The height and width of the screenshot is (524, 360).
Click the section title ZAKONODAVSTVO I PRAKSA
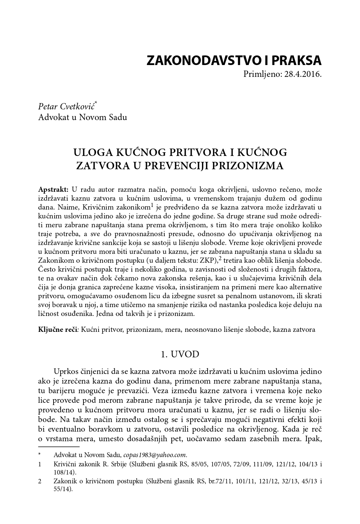tap(234, 60)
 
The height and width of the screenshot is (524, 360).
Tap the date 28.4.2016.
tap(304, 74)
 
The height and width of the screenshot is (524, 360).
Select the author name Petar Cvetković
tap(66, 107)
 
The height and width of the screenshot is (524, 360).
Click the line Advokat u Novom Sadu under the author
tap(82, 117)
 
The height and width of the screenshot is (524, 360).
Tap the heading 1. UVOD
tap(180, 354)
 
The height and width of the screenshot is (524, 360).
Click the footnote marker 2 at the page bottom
tap(40, 482)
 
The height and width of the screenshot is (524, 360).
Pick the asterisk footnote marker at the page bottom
tap(39, 454)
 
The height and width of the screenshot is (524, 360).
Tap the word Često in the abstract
tap(47, 269)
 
